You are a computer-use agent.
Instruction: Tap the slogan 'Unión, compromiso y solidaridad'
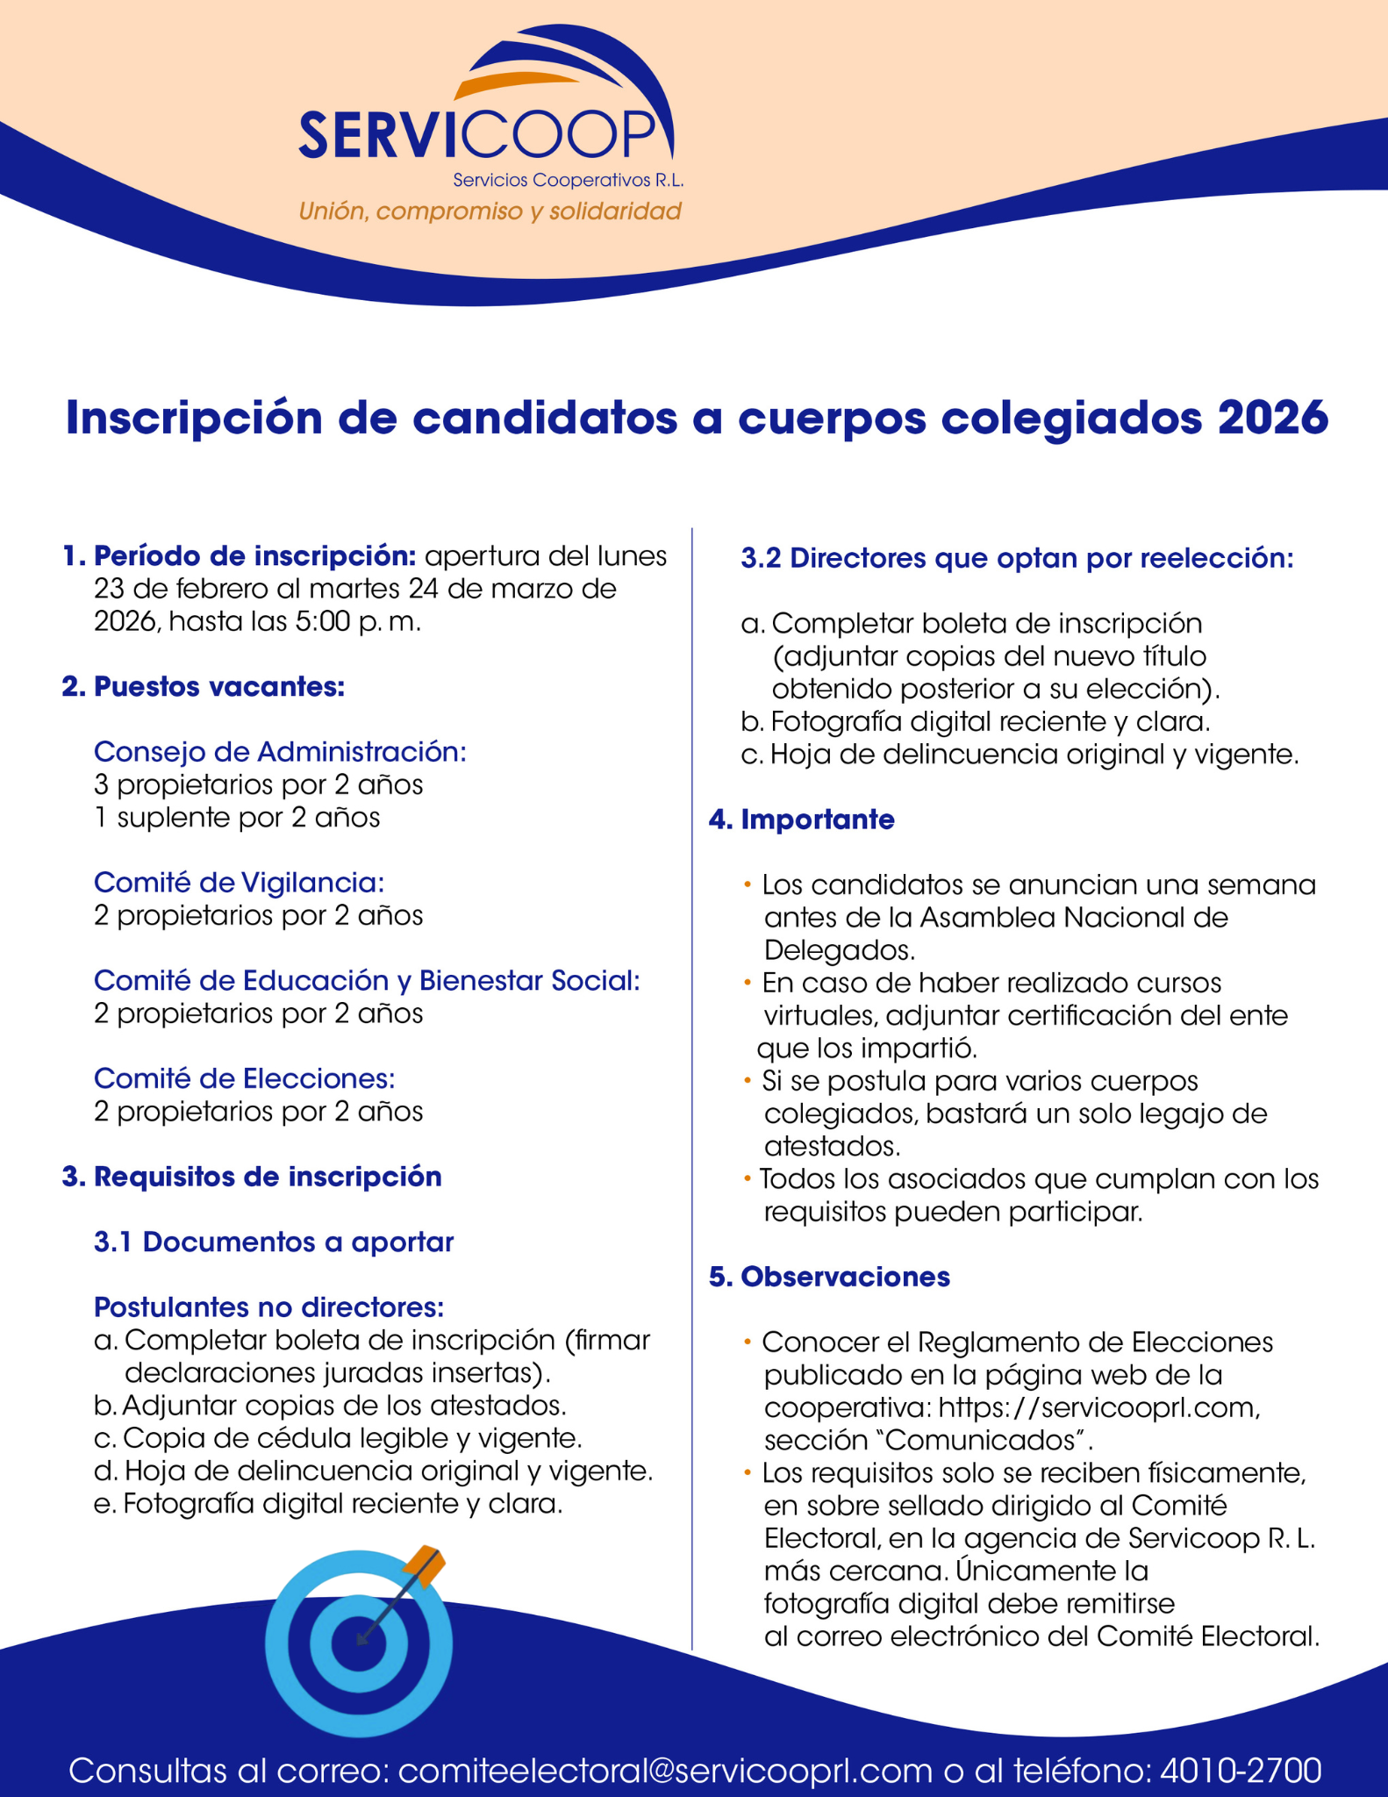[x=490, y=211]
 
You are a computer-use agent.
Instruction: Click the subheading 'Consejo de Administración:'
[x=280, y=752]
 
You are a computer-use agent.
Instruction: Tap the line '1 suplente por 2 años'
[x=237, y=818]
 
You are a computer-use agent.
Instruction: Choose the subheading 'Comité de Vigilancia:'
[x=239, y=883]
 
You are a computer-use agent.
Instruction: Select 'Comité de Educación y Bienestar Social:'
[x=367, y=981]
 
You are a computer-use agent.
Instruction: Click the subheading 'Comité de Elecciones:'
[x=244, y=1078]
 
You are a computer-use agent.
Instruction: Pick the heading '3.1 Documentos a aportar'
[x=274, y=1242]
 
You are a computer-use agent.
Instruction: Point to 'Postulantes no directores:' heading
[x=268, y=1307]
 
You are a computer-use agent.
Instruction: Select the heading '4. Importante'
[x=802, y=820]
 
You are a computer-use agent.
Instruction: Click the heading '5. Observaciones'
[x=829, y=1277]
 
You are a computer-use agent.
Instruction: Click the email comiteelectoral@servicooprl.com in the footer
[x=664, y=1770]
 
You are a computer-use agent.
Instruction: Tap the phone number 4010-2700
[x=1240, y=1770]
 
